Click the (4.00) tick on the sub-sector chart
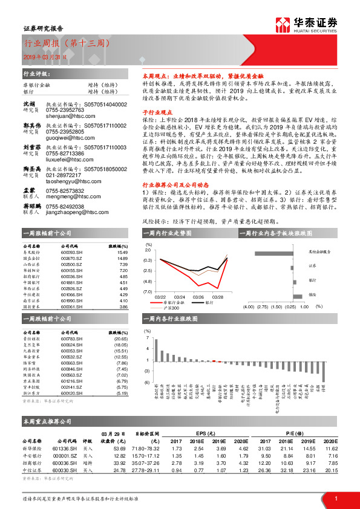tap(248, 306)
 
